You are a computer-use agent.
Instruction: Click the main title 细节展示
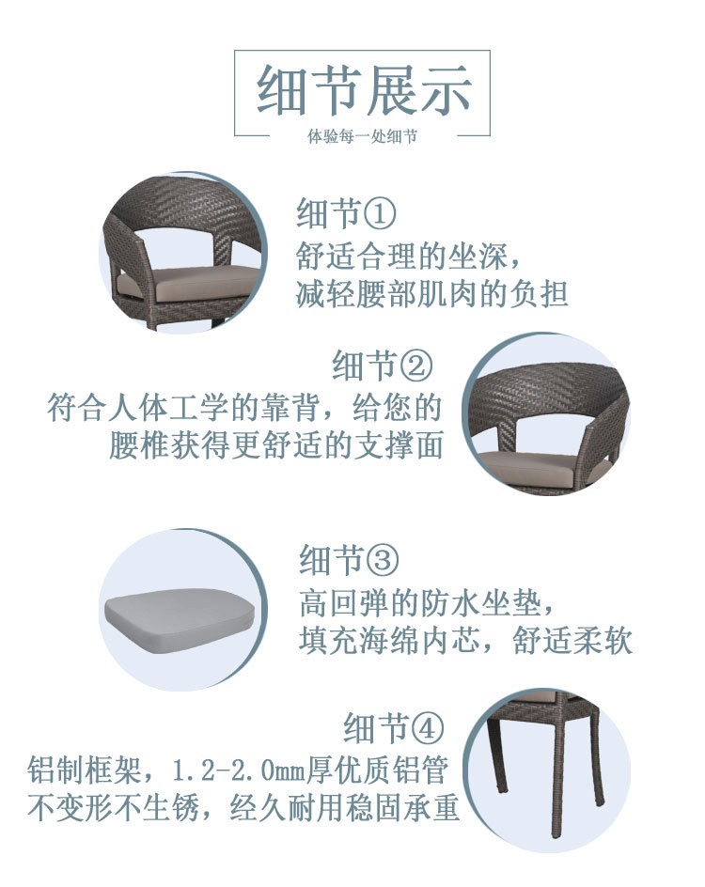coord(363,91)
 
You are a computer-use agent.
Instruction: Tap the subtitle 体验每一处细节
coord(363,137)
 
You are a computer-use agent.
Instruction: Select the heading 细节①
coord(346,214)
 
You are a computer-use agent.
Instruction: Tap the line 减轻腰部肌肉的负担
coord(432,293)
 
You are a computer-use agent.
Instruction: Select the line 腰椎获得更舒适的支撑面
coord(275,446)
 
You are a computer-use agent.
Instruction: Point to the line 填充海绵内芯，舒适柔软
coord(465,641)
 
